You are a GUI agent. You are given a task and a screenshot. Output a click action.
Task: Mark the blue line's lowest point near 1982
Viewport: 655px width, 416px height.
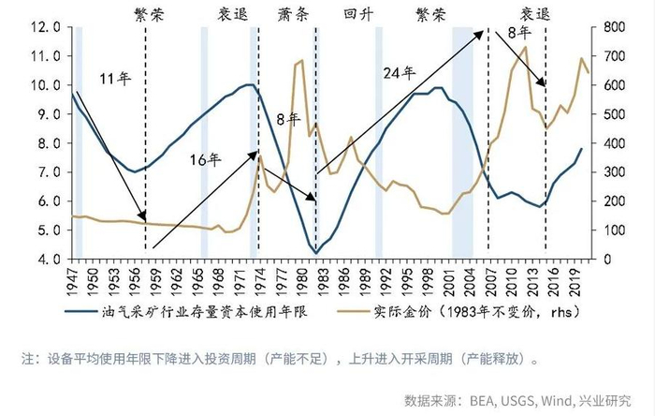(x=316, y=253)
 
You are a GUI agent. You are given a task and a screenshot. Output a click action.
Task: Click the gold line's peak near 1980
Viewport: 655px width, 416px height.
(x=301, y=61)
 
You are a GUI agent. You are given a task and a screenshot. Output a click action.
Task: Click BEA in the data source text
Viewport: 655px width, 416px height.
(x=474, y=400)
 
